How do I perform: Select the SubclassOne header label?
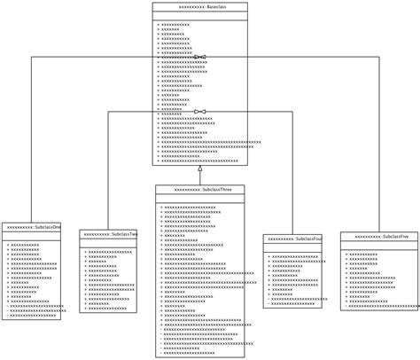click(x=32, y=227)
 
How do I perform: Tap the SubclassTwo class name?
click(x=108, y=234)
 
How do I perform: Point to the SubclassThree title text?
click(x=200, y=190)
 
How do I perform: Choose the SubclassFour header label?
click(x=292, y=239)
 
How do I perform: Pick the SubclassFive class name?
click(x=379, y=237)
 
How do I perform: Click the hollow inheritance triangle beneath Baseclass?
click(x=200, y=168)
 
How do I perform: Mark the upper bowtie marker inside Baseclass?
click(x=199, y=57)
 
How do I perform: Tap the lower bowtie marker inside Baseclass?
click(x=199, y=112)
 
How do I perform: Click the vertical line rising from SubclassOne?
click(x=32, y=142)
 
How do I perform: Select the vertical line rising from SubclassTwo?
click(x=108, y=168)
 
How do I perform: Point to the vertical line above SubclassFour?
click(x=292, y=173)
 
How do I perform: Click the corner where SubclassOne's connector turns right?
click(x=32, y=57)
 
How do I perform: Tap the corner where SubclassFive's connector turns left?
click(x=379, y=57)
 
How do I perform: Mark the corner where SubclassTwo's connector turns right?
click(x=108, y=112)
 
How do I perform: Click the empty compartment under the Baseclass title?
click(x=199, y=16)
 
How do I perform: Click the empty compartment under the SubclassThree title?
click(x=200, y=200)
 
